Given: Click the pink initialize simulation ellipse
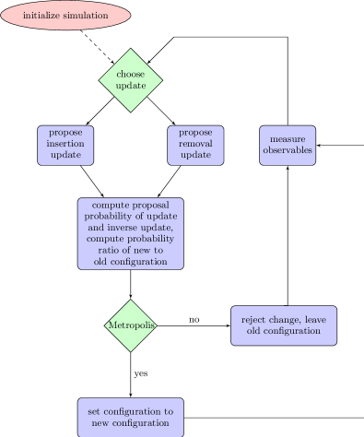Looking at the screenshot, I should [65, 16].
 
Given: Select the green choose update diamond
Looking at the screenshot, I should [131, 80].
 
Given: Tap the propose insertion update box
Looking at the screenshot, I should [65, 145].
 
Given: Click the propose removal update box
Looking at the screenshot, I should [195, 145].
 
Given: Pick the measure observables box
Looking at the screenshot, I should [288, 145].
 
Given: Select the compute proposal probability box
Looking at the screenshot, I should [130, 233].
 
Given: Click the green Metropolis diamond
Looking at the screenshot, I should [131, 325].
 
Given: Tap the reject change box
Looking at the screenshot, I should [283, 325].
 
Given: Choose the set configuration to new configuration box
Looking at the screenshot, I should [130, 417].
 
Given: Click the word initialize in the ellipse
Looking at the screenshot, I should [42, 16].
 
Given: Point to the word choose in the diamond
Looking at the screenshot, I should [131, 75].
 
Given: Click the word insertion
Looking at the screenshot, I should [65, 145].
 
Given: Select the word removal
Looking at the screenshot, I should [195, 145].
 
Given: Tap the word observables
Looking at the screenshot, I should [288, 150].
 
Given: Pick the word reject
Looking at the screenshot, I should [253, 320].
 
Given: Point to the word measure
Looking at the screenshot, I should [288, 139].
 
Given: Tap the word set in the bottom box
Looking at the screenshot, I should [93, 411].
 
